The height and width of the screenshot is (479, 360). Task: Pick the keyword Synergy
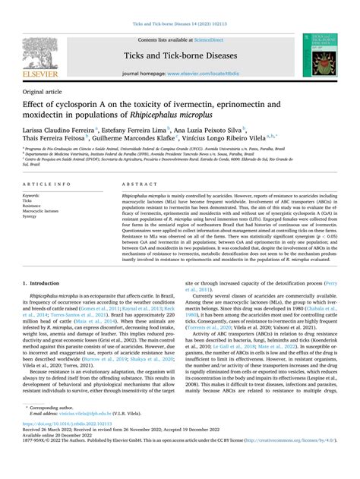(33, 216)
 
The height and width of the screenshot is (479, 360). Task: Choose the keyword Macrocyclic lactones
(43, 210)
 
